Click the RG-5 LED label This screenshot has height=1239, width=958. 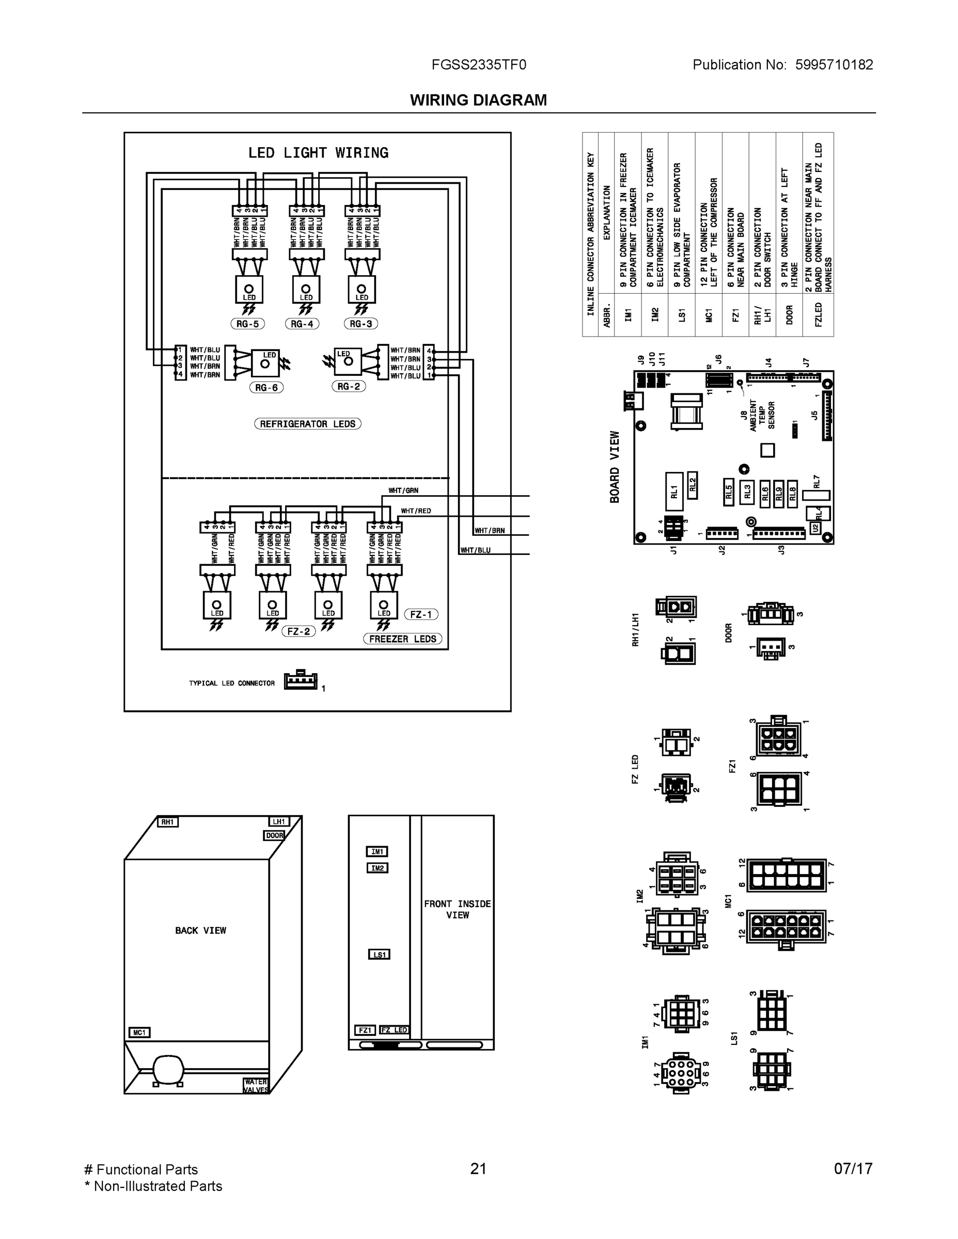click(247, 324)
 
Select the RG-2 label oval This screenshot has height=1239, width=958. click(349, 386)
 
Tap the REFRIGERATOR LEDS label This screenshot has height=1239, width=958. click(308, 424)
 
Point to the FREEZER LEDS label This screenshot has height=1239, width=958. click(402, 639)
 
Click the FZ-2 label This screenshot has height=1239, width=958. click(299, 631)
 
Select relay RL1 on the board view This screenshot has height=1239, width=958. click(674, 491)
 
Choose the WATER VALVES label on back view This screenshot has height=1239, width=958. click(256, 1085)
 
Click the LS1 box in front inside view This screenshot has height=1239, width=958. click(379, 954)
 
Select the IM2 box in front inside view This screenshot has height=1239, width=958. click(378, 867)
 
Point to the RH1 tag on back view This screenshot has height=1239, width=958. click(167, 822)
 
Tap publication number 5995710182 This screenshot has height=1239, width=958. click(834, 65)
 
